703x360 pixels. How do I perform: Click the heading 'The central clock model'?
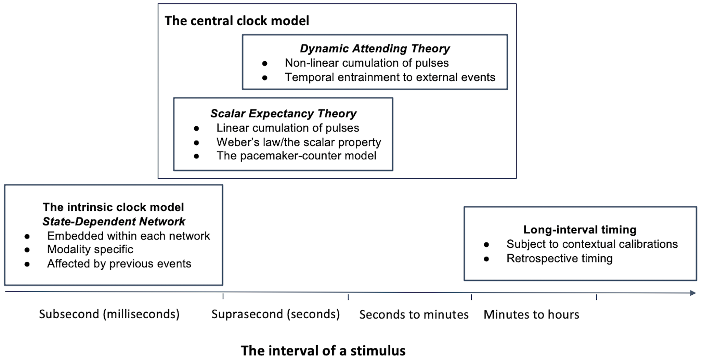[x=237, y=21]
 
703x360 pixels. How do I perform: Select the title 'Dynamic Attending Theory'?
[x=375, y=49]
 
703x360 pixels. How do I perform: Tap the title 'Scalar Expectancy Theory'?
[x=283, y=114]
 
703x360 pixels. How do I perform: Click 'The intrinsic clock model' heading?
[x=113, y=207]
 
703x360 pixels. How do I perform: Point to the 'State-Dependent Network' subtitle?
[x=114, y=221]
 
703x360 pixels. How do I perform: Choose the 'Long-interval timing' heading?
[x=580, y=230]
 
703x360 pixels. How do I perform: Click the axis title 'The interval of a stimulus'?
[x=323, y=350]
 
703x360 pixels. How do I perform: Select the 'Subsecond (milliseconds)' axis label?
[x=109, y=314]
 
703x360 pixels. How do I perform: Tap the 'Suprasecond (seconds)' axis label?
[x=275, y=314]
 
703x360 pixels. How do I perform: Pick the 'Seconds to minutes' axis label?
[x=414, y=314]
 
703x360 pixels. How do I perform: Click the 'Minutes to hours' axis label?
[x=531, y=314]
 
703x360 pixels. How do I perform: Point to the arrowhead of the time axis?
[x=693, y=293]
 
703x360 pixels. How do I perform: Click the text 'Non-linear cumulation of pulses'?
[x=367, y=63]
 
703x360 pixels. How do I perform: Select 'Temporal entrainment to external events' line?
[x=390, y=77]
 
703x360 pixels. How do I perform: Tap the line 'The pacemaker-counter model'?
[x=296, y=156]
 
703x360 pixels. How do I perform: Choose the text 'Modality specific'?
[x=90, y=249]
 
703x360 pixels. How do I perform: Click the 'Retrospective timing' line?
[x=559, y=258]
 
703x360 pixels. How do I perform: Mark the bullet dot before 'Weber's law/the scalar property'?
[x=196, y=143]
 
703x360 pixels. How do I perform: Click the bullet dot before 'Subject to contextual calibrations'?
[x=486, y=245]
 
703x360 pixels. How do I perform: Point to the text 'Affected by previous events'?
[x=119, y=264]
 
